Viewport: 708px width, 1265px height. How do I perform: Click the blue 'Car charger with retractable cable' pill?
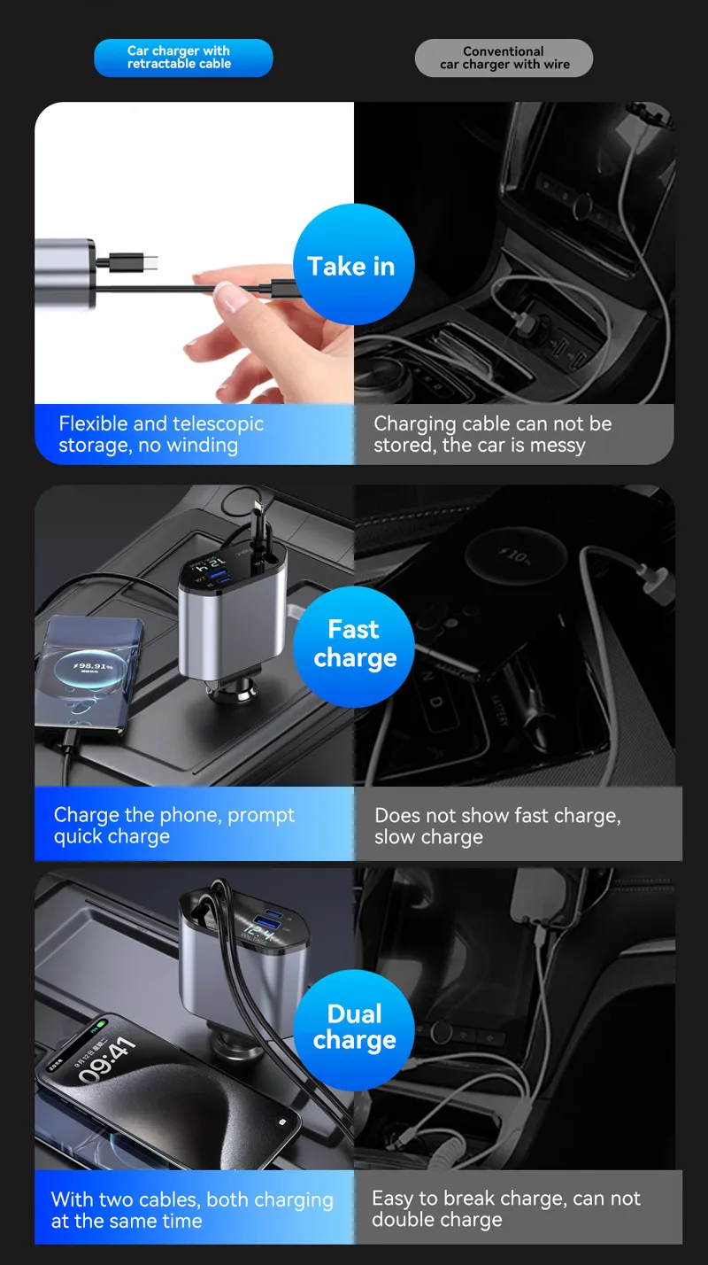[x=183, y=58]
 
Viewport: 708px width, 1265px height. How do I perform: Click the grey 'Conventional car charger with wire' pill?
[x=504, y=58]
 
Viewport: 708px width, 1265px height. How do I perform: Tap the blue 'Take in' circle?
[x=353, y=265]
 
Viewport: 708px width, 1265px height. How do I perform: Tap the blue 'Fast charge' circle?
[x=354, y=644]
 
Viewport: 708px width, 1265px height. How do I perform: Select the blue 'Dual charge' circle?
[x=354, y=1028]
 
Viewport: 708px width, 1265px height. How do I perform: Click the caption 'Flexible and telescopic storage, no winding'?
[x=161, y=434]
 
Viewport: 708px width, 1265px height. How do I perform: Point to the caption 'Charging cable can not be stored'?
[x=492, y=434]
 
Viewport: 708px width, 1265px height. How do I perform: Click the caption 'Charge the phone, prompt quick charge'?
[x=173, y=826]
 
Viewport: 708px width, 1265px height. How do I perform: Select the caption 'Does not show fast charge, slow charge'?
[x=497, y=826]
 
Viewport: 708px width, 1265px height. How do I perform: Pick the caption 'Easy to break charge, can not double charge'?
[x=505, y=1208]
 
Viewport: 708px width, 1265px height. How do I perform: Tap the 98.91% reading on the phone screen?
[x=92, y=665]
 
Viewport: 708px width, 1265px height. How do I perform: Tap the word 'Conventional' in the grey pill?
[x=504, y=51]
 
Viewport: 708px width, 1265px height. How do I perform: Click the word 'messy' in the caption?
[x=558, y=445]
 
